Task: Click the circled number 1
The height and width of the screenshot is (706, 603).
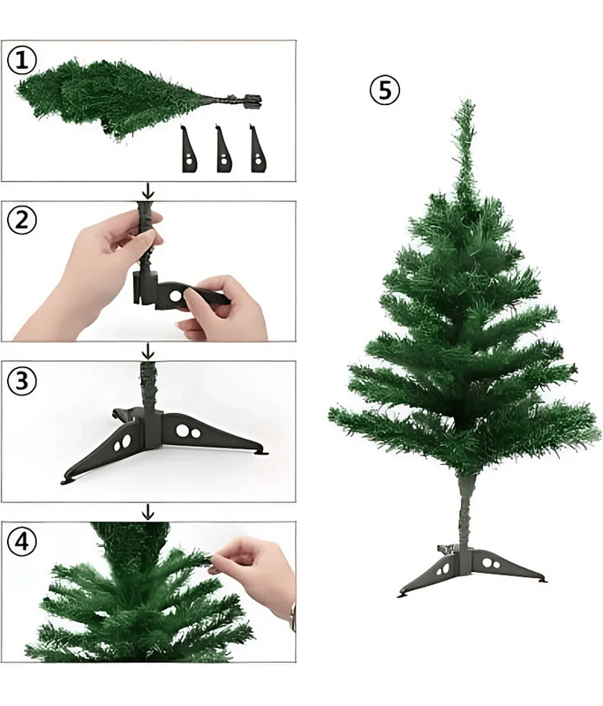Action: coord(22,60)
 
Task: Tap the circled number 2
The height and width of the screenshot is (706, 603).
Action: coord(22,221)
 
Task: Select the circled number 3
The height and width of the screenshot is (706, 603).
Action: coord(22,381)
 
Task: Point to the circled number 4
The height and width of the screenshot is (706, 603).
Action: coord(22,541)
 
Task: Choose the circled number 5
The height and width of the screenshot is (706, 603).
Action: coord(385,90)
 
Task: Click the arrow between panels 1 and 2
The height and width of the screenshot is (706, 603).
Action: coord(147,192)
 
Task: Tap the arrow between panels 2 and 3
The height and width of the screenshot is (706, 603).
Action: coord(147,350)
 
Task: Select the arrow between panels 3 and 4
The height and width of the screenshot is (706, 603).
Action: coord(147,512)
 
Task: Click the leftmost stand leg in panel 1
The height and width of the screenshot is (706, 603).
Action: coord(189,149)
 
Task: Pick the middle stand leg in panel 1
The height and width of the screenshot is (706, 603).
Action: coord(224,149)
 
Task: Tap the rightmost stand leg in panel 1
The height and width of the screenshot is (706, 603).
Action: coord(258,149)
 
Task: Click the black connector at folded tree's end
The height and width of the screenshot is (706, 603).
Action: coord(252,101)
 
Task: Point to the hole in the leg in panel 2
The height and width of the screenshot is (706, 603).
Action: coord(176,296)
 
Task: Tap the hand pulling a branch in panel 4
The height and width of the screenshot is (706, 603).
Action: coord(254,572)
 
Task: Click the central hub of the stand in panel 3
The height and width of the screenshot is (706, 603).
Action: coord(152,428)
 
